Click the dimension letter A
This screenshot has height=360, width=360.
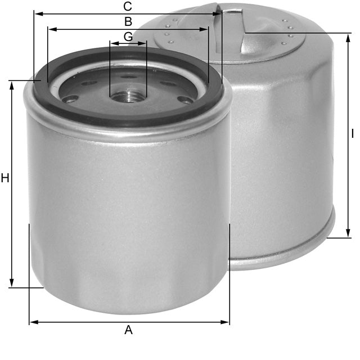tap(128, 330)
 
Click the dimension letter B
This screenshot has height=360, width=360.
tap(128, 22)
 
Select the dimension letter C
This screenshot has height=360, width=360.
tap(128, 7)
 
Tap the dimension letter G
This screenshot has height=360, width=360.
tap(128, 37)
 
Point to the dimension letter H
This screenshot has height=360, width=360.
tap(5, 179)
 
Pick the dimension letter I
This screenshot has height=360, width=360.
tap(352, 134)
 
